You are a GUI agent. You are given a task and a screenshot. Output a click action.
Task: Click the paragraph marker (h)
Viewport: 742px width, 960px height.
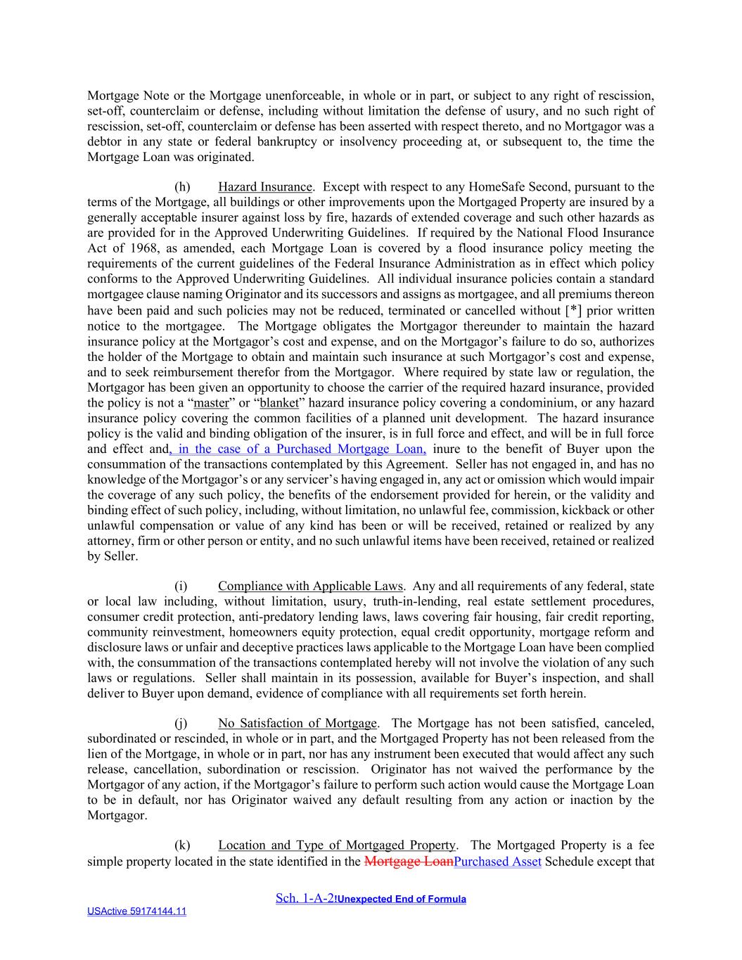coord(182,187)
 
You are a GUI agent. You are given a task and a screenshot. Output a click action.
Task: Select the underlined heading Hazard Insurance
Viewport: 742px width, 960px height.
coord(264,187)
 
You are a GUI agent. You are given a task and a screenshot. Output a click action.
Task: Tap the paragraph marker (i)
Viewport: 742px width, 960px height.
coord(181,587)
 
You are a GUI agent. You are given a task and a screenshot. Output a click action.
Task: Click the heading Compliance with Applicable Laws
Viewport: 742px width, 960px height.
coord(310,587)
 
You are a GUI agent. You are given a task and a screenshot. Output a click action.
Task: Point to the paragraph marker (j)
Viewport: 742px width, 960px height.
coord(181,724)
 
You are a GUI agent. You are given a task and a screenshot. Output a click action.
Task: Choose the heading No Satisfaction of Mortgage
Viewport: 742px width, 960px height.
coord(298,724)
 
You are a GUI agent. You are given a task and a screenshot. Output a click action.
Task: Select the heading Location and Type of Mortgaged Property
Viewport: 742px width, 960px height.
coord(337,845)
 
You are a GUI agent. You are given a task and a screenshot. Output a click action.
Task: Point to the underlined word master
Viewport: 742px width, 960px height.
coord(212,403)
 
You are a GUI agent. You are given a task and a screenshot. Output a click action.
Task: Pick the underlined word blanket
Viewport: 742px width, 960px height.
coord(279,403)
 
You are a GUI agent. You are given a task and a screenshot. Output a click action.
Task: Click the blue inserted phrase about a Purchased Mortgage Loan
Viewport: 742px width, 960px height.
coord(298,449)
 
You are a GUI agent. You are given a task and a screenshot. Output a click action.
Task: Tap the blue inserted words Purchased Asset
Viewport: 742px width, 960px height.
coord(498,862)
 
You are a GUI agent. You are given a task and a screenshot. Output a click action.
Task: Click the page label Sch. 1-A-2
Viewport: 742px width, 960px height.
coord(305,899)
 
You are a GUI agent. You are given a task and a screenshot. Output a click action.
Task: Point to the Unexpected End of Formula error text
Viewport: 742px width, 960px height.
coord(401,900)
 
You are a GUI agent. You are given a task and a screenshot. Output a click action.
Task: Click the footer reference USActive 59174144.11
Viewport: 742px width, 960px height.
coord(136,911)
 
